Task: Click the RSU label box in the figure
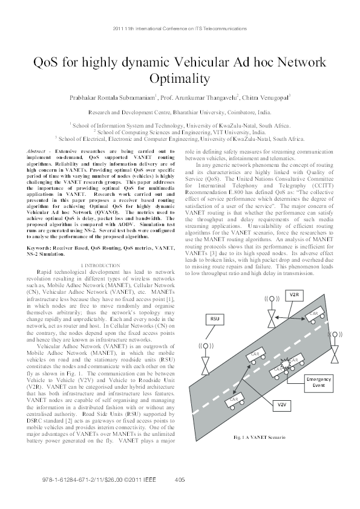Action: pyautogui.click(x=214, y=317)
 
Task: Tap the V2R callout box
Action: pyautogui.click(x=293, y=294)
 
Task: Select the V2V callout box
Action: pyautogui.click(x=281, y=403)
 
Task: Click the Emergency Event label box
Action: pyautogui.click(x=318, y=381)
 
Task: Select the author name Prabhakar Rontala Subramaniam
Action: pyautogui.click(x=113, y=97)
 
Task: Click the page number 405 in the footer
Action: pyautogui.click(x=179, y=480)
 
